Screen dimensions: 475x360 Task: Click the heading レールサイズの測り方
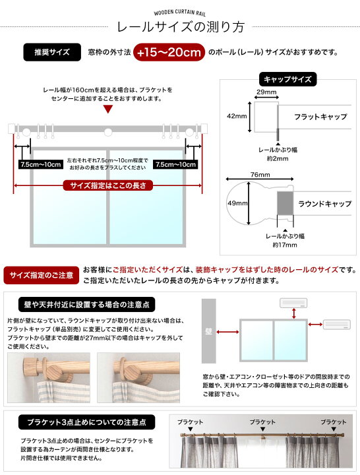pyautogui.click(x=180, y=27)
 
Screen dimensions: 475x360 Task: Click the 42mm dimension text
pyautogui.click(x=235, y=115)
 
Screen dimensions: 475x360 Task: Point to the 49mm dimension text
pyautogui.click(x=235, y=204)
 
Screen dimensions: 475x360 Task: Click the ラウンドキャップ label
pyautogui.click(x=324, y=205)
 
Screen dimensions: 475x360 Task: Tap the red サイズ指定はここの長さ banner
pyautogui.click(x=107, y=185)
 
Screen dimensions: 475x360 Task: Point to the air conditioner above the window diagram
pyautogui.click(x=295, y=303)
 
